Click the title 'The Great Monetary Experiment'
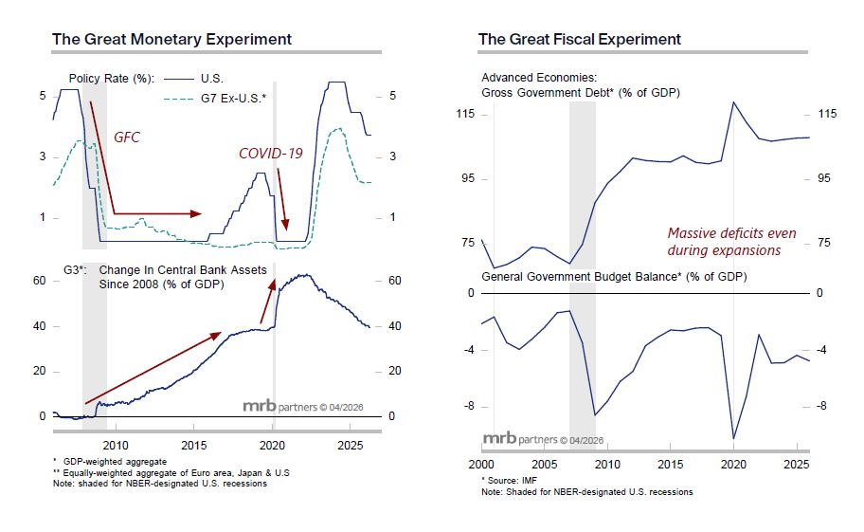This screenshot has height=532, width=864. point(171,39)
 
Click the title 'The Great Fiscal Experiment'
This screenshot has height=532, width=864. point(579,39)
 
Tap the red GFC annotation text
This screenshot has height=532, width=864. point(127,138)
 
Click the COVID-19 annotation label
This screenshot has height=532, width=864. point(270,153)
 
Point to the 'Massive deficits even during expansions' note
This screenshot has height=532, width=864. point(731,242)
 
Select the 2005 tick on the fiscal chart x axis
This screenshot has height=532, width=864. point(544,467)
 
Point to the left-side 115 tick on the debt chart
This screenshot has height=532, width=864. point(464,115)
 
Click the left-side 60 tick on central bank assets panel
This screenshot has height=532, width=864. point(40,282)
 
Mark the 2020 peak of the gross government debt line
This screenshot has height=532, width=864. point(733,101)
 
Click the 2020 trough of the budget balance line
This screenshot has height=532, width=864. point(733,439)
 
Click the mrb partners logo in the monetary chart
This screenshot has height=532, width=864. point(294,407)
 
